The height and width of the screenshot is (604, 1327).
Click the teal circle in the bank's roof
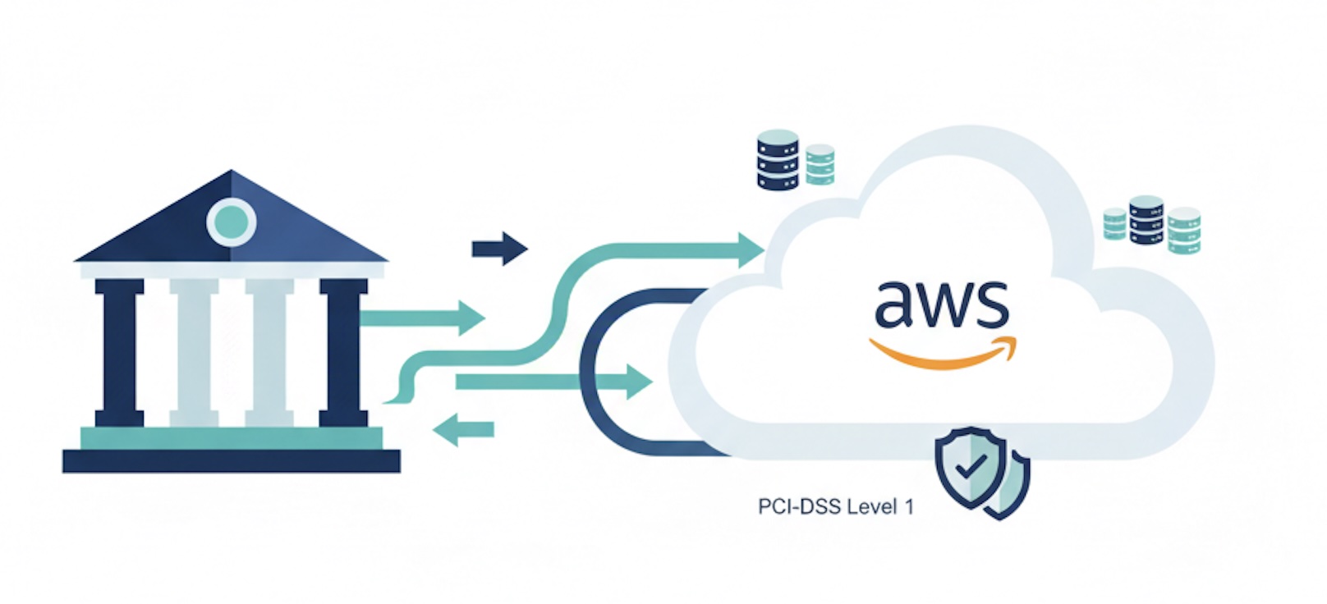[231, 221]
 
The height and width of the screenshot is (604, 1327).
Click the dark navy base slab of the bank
[231, 461]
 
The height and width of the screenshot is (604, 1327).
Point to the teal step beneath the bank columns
[231, 438]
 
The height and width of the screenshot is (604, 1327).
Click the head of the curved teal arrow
[749, 249]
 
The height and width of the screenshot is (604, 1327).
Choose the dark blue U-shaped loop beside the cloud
[599, 369]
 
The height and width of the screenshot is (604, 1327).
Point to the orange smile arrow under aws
[941, 355]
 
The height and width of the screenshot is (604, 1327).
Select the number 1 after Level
[909, 507]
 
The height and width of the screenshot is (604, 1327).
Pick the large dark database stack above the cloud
[778, 160]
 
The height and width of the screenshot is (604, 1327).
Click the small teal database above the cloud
[820, 164]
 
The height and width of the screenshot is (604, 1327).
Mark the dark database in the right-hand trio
[1146, 220]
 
